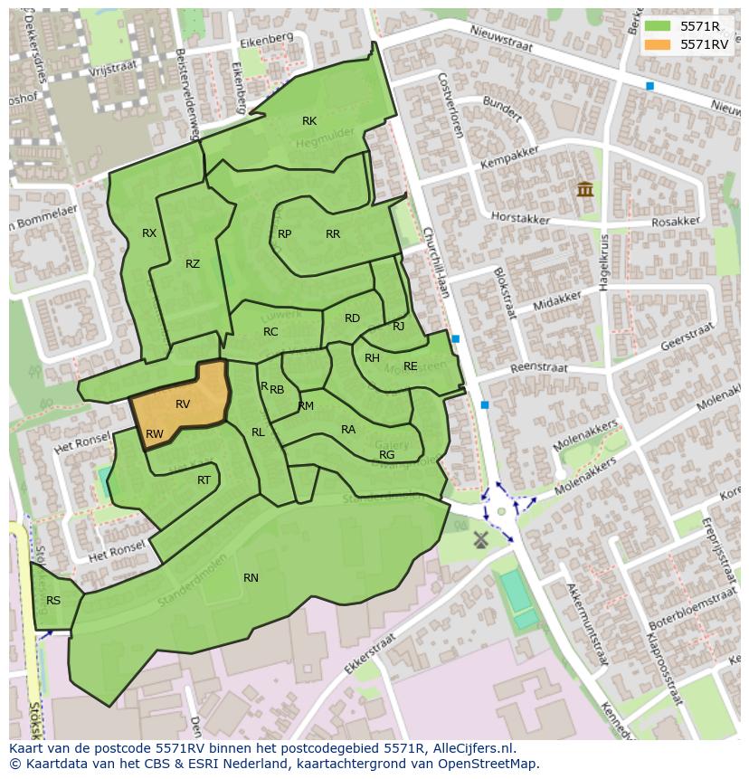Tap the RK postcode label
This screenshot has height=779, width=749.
click(309, 121)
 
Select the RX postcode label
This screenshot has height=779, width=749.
click(149, 233)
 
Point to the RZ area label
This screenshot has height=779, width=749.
click(193, 264)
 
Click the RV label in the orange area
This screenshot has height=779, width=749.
click(183, 404)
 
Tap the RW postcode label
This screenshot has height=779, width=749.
click(155, 434)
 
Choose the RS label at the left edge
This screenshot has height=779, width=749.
click(53, 600)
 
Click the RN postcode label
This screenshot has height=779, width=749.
click(251, 577)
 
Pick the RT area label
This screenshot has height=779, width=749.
click(204, 480)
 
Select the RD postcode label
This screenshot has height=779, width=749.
click(352, 318)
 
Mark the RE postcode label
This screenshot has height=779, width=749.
click(411, 366)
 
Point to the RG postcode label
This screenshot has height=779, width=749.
click(386, 454)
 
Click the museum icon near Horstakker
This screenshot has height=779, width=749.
click(584, 190)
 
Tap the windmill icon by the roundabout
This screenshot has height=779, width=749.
click(480, 539)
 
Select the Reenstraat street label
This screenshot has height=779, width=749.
click(538, 368)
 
